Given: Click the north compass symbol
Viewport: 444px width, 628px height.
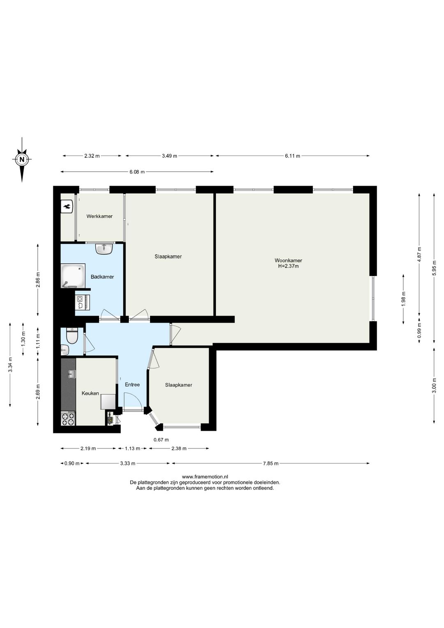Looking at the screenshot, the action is tap(22, 160).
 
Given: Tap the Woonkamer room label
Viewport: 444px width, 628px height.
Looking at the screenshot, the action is tap(288, 261).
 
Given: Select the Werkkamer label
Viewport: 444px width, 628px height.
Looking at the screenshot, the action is tap(99, 216).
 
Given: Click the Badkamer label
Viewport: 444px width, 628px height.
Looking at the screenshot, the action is tap(102, 277).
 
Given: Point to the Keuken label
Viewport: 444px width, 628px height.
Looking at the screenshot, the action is tap(90, 393).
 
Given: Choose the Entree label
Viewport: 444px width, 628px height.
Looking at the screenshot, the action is tap(132, 385).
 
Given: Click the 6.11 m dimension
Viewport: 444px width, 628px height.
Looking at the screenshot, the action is tap(292, 156).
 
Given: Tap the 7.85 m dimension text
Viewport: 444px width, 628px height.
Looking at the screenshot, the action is tap(271, 463).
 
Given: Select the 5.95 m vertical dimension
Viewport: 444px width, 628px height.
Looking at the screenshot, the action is tap(434, 268).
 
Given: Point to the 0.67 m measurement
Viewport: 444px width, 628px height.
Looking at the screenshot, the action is tap(161, 440).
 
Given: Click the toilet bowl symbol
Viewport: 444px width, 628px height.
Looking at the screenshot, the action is tap(72, 336).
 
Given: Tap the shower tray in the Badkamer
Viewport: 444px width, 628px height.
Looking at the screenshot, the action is tap(73, 276).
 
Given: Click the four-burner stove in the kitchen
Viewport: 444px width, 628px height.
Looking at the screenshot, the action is tap(68, 418).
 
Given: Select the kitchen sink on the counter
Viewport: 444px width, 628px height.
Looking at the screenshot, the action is tap(72, 374).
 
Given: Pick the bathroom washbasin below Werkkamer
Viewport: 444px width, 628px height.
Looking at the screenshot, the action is tap(104, 249).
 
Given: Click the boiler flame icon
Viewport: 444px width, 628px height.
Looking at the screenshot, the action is tap(67, 207).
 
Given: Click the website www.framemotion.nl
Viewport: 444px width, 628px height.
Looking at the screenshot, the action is tap(205, 477).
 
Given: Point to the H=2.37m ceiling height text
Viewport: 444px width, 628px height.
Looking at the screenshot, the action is tap(288, 266).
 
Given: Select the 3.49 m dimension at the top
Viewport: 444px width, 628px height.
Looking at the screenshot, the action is tap(169, 156).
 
